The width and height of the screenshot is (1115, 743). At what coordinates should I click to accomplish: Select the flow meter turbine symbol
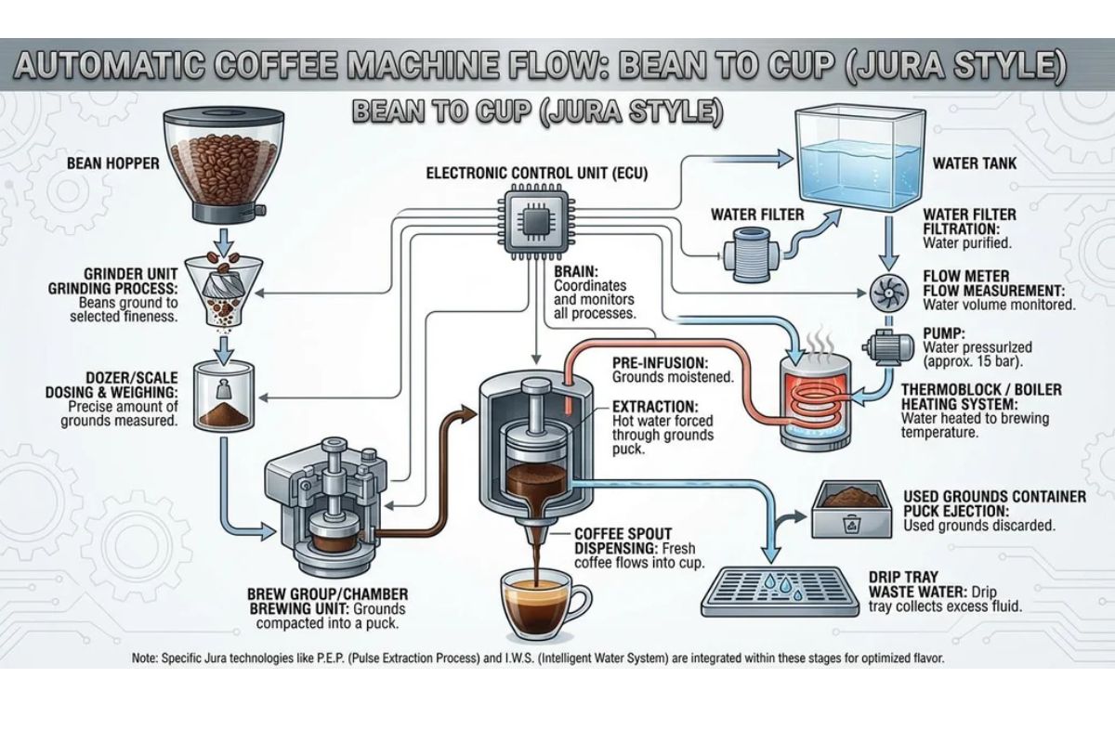tap(886, 291)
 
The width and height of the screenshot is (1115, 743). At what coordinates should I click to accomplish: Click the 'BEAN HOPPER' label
tap(113, 163)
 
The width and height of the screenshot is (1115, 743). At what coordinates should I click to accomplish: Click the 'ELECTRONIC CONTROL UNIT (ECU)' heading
tap(536, 173)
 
